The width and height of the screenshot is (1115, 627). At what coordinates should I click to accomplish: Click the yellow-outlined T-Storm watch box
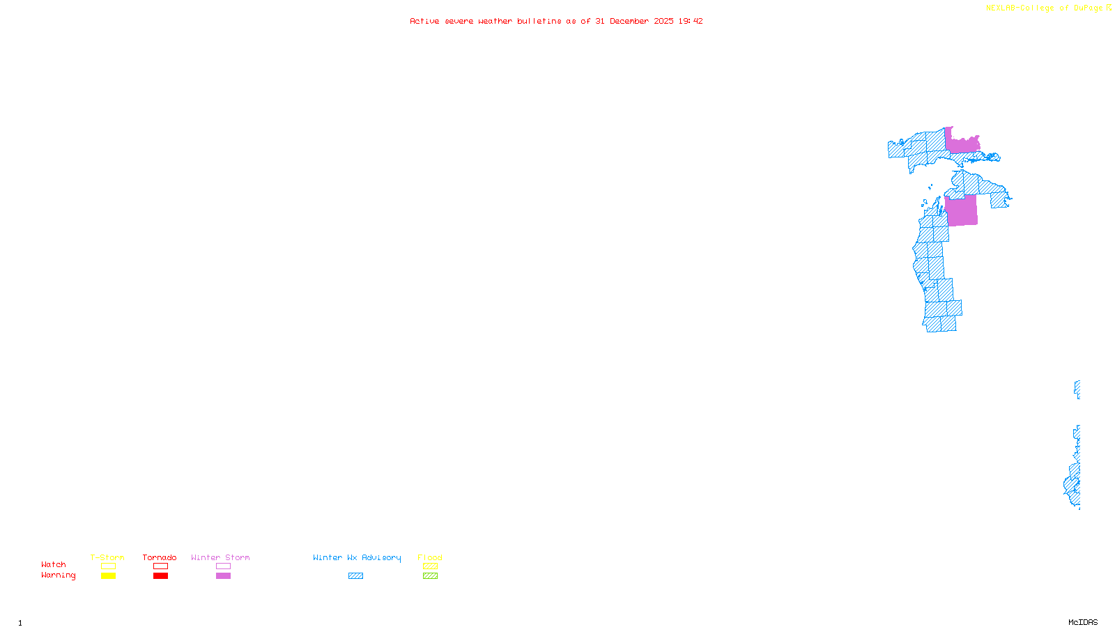pos(108,566)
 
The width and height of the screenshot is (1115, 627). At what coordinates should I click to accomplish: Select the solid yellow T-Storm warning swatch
pos(108,576)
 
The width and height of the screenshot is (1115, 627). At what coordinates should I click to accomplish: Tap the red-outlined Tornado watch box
pos(160,566)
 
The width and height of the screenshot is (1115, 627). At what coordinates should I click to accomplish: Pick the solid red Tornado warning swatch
pos(160,576)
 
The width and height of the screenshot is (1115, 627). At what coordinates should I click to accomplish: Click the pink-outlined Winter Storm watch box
pos(223,566)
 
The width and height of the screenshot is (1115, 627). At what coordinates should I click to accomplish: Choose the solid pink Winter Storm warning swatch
pos(223,576)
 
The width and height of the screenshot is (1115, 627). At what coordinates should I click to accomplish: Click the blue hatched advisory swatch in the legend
pos(355,576)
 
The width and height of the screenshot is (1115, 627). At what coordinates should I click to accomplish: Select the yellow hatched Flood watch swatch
pos(430,566)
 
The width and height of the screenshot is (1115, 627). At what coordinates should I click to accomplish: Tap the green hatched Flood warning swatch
pos(430,576)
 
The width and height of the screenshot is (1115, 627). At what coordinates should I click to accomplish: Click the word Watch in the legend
pos(53,565)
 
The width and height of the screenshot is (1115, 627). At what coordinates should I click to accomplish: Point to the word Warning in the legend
pos(58,575)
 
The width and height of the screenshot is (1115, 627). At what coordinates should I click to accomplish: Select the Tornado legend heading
pos(160,557)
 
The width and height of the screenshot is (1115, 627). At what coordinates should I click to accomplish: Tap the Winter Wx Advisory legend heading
pos(357,557)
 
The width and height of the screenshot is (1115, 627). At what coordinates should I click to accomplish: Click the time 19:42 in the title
pos(691,21)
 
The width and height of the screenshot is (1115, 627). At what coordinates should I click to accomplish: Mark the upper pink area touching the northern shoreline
pos(962,144)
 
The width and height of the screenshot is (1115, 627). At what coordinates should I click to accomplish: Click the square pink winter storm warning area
pos(962,211)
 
